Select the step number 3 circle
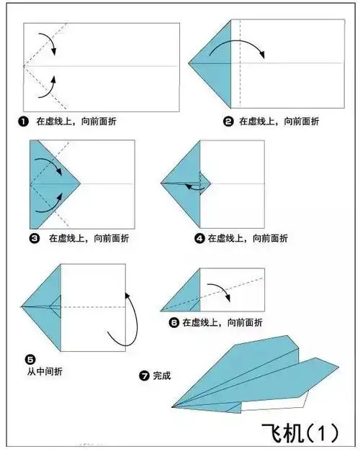[34, 237]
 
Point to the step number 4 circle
[199, 237]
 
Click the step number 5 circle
[30, 357]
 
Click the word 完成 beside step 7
[161, 375]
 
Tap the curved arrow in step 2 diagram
[242, 47]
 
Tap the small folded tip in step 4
[204, 183]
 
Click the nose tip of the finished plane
[174, 407]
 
